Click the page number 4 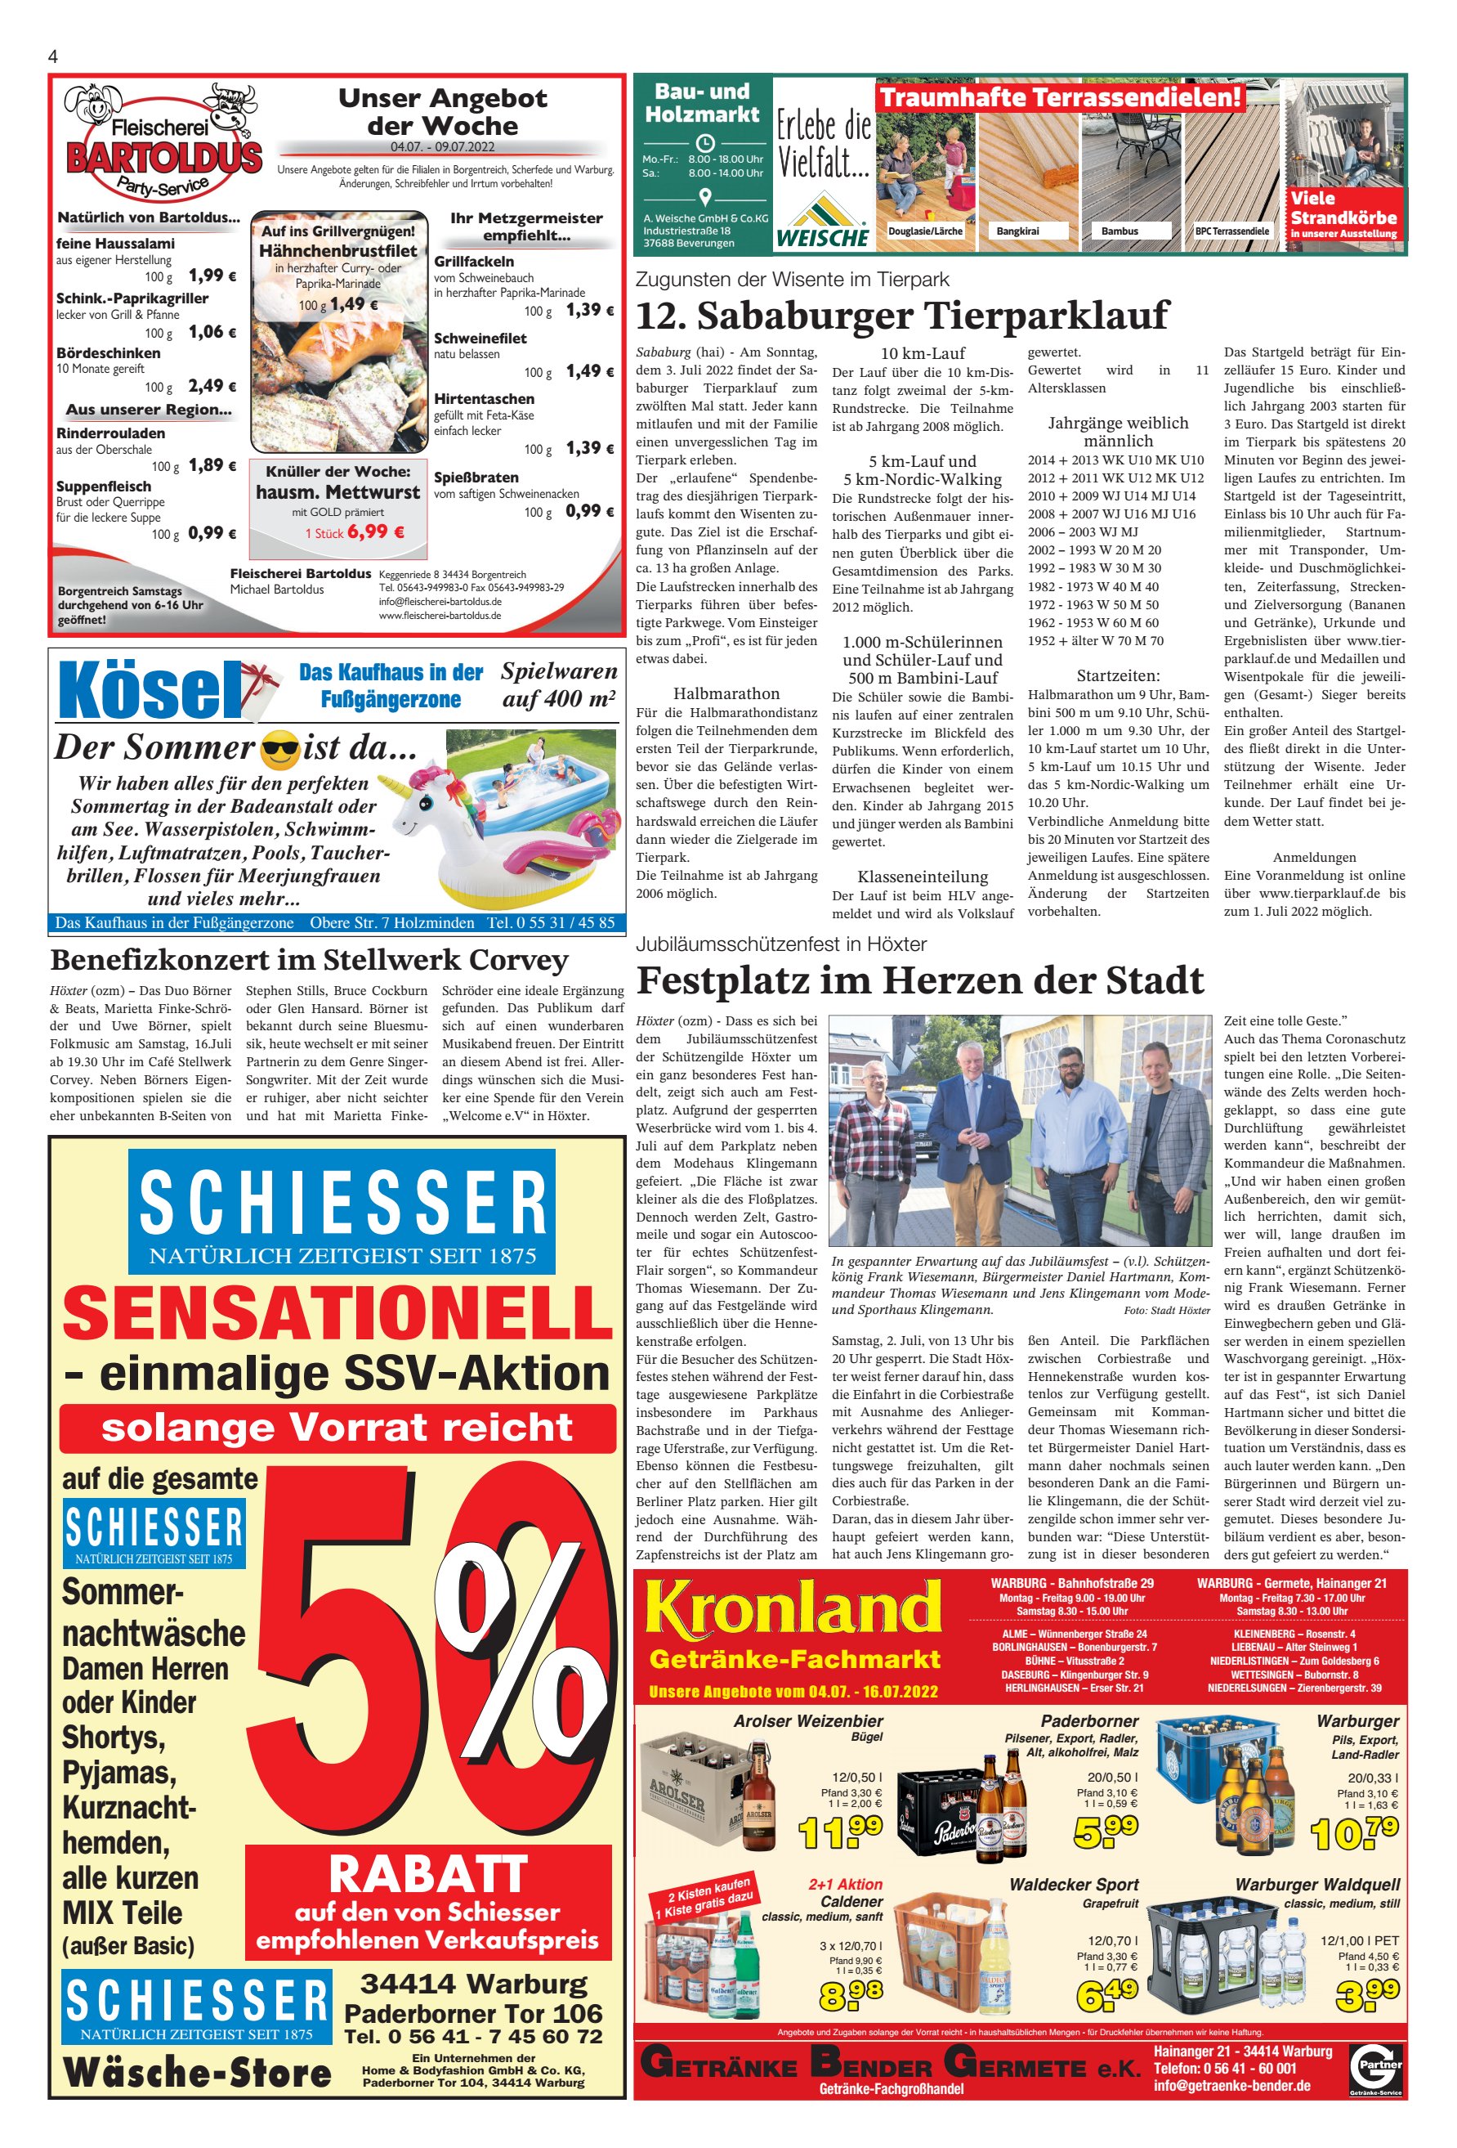(52, 56)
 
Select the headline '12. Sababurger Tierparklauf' (901, 315)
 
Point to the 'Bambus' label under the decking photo (1119, 231)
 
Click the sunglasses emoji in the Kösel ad (280, 750)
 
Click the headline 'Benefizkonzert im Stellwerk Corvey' (309, 960)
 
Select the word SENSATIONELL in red (338, 1312)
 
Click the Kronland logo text (793, 1608)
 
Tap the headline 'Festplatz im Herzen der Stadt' (919, 980)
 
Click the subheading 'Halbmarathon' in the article (726, 693)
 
